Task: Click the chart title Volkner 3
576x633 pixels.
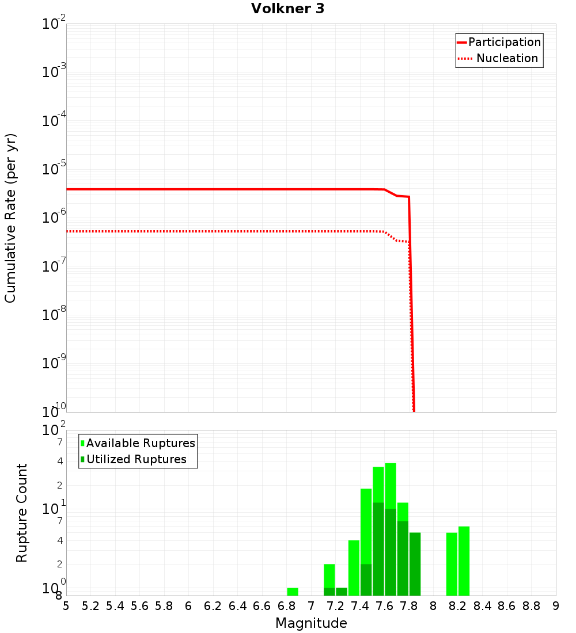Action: point(287,9)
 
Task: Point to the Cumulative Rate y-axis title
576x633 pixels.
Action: point(10,218)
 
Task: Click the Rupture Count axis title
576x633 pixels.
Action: point(22,513)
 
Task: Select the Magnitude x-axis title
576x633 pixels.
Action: point(311,623)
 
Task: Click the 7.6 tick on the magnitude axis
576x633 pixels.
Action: point(384,606)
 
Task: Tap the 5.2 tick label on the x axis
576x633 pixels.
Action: point(90,606)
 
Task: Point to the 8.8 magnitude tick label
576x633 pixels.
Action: point(531,606)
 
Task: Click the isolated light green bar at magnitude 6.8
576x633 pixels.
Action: point(293,592)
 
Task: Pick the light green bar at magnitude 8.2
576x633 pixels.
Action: point(464,561)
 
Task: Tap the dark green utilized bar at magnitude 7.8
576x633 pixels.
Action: point(415,564)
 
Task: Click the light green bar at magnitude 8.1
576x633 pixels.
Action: point(452,564)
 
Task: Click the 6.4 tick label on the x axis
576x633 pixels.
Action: point(237,606)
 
